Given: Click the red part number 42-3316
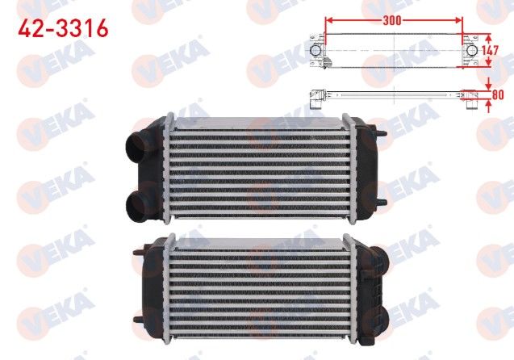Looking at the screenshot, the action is point(63,28).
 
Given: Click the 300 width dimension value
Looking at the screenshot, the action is point(391,20).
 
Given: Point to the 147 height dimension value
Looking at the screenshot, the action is point(490,51).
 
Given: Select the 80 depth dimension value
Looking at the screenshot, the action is point(498,94).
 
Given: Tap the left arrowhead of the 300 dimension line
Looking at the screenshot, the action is point(329,20).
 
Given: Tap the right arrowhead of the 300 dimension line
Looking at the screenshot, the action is point(458,20).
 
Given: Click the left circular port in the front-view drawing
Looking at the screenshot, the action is point(316,51).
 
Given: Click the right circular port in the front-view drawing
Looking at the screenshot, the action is point(472,51).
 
